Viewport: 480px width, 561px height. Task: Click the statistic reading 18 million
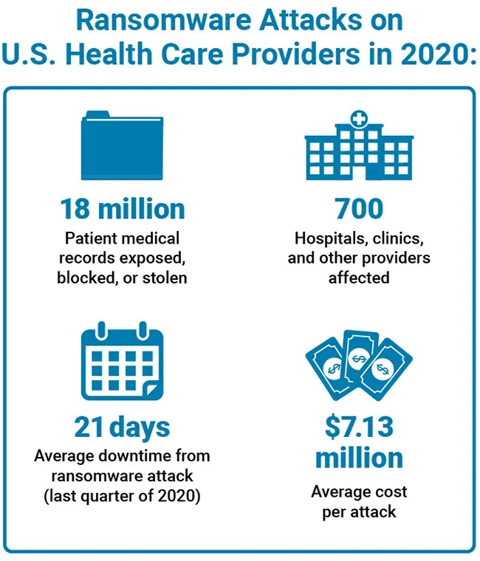(x=121, y=209)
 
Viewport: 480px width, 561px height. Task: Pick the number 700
(x=359, y=209)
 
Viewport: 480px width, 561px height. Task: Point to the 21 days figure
(x=121, y=426)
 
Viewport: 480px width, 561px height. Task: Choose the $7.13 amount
(x=359, y=426)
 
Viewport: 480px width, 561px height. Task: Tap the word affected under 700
(x=359, y=278)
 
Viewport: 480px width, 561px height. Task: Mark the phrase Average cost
(x=359, y=492)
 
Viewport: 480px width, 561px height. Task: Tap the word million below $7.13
(x=359, y=458)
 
